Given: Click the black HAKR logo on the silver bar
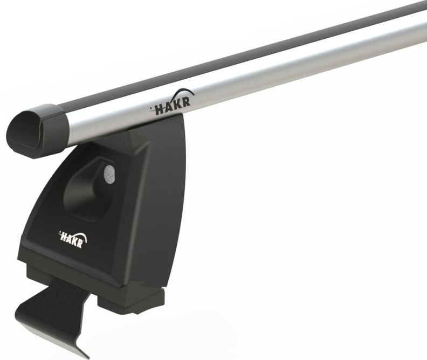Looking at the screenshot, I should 172,106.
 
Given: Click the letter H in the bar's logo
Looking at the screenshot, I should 160,110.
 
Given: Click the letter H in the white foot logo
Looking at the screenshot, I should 63,235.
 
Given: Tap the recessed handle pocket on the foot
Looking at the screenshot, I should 86,189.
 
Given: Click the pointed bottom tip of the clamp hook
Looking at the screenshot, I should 86,355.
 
